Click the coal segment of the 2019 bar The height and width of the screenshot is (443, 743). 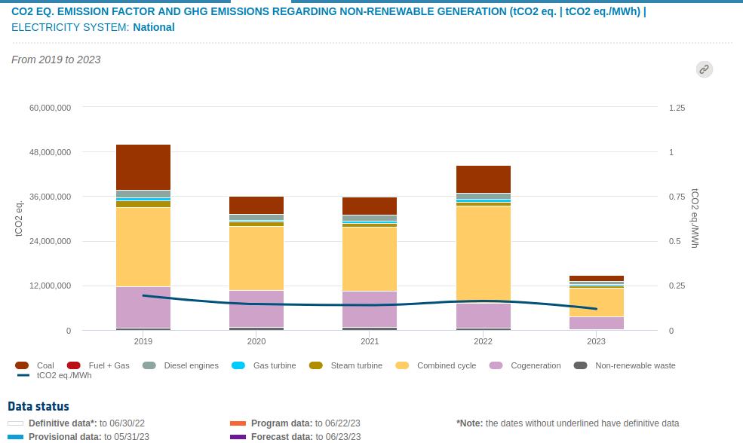tap(143, 167)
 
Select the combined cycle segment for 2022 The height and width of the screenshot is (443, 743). tap(484, 254)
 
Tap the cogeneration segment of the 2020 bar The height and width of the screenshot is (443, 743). tap(256, 308)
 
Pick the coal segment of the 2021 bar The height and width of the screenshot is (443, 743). tap(370, 206)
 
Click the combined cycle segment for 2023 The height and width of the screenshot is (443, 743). tap(597, 302)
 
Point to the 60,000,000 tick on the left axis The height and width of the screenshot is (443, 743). tap(51, 108)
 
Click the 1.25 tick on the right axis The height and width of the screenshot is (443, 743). tap(677, 108)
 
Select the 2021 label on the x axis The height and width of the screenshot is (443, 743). tap(370, 341)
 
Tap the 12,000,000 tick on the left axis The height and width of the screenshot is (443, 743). tap(51, 286)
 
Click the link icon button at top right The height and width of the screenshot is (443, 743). tap(704, 69)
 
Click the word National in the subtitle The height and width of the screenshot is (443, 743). tap(154, 27)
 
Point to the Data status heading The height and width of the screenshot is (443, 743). tap(38, 407)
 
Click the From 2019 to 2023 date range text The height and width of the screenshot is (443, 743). tap(56, 60)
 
